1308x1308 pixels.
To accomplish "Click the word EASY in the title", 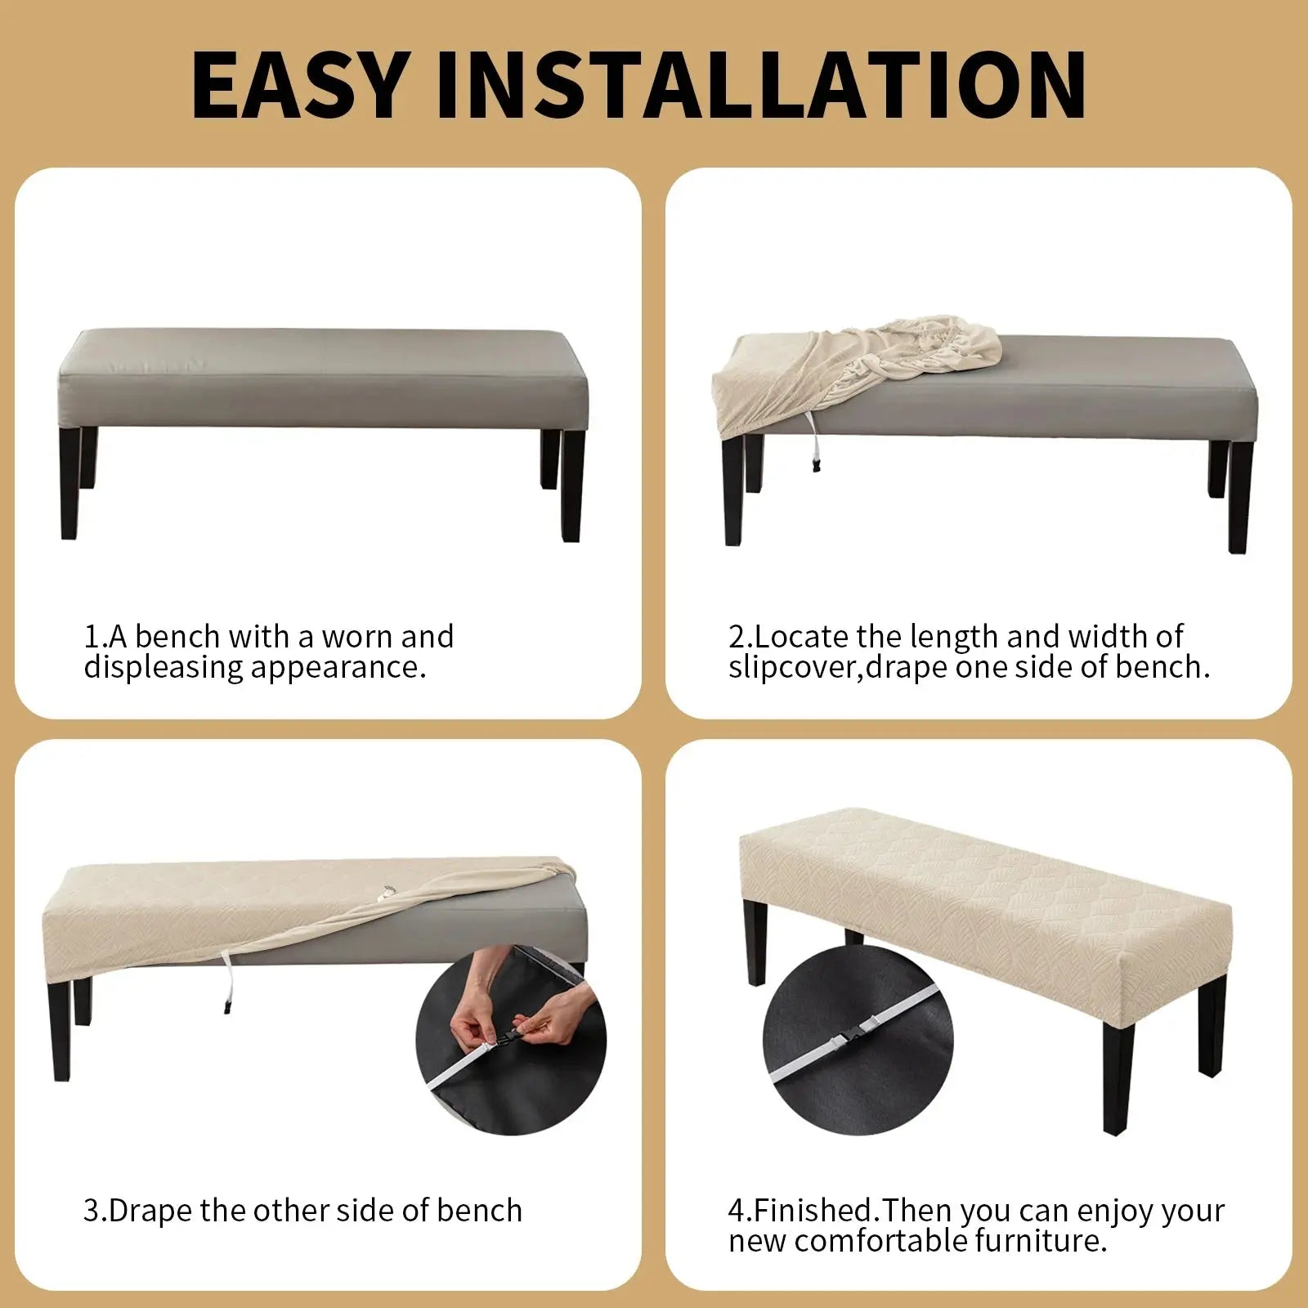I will [x=299, y=85].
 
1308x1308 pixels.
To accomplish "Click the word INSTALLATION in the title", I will [x=760, y=85].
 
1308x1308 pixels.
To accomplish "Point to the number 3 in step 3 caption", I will [x=90, y=1211].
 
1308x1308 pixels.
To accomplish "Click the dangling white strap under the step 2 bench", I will [x=812, y=441].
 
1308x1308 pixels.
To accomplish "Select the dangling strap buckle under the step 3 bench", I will [x=223, y=1006].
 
